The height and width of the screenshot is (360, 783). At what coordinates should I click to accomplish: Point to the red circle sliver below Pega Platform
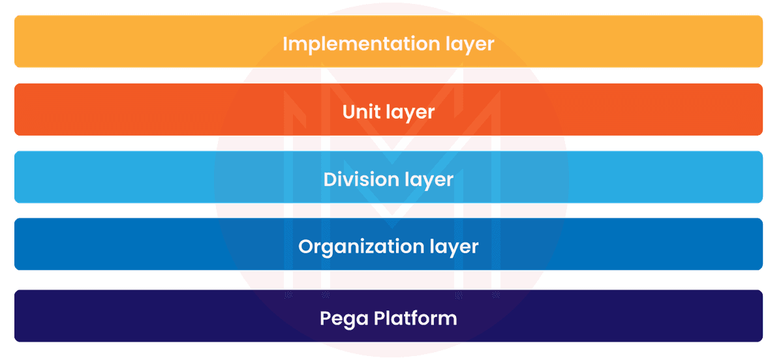tap(391, 350)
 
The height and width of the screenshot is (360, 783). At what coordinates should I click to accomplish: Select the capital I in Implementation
tap(285, 44)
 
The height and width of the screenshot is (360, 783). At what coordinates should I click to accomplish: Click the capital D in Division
tap(331, 179)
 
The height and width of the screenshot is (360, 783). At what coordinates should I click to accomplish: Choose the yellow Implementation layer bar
tap(130, 41)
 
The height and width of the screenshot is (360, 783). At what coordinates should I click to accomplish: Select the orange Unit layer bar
tap(130, 109)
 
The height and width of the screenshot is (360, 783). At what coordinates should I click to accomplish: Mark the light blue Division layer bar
tap(130, 177)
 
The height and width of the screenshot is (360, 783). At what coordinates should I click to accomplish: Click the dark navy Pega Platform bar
tap(130, 316)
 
